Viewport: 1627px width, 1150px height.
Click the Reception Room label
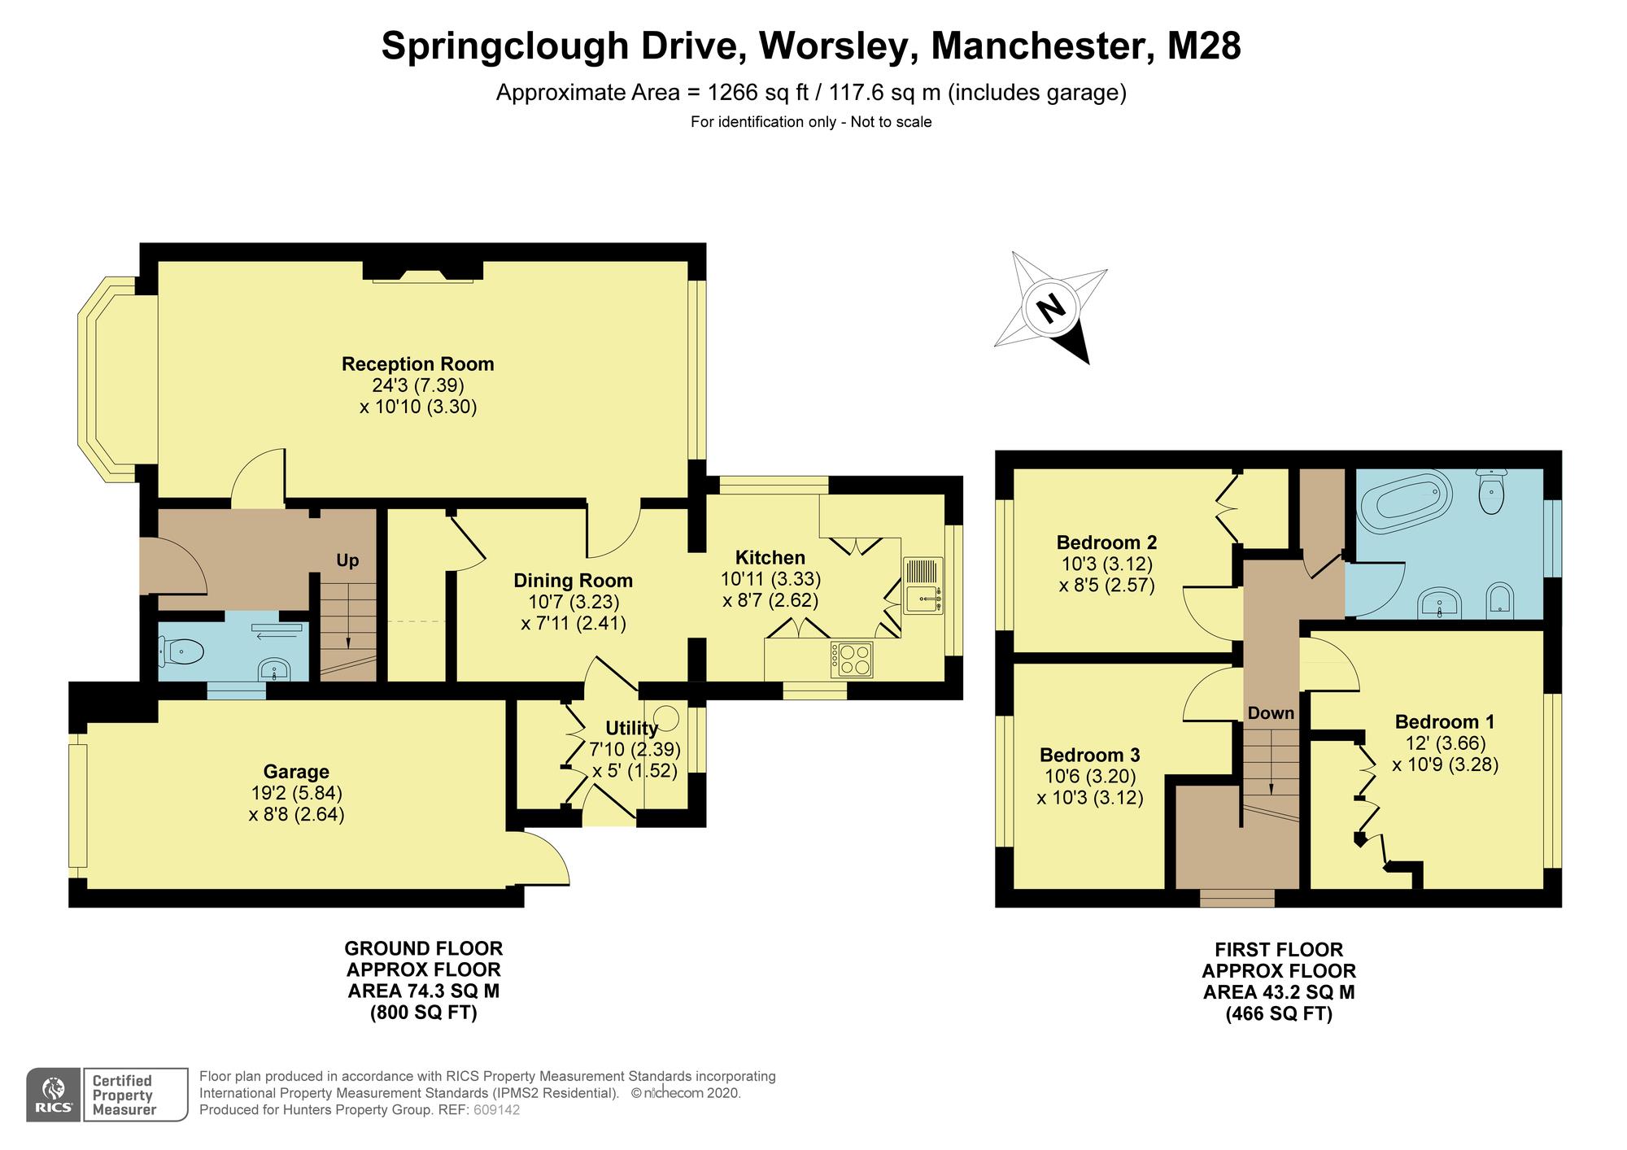(417, 364)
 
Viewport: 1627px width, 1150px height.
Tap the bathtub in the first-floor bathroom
(1405, 503)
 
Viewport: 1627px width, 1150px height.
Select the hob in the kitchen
(851, 660)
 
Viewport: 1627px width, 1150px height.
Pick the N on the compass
(1051, 308)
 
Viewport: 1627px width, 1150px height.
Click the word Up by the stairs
(347, 560)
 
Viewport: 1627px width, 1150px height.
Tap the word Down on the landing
(1271, 713)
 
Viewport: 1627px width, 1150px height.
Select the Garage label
(296, 771)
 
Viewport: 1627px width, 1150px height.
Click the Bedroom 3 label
(1090, 754)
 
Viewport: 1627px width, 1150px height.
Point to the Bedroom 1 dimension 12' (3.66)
(1446, 743)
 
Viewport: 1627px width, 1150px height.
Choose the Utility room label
(631, 728)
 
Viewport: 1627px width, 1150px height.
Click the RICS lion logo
(54, 1095)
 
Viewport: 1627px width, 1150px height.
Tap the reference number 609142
(496, 1109)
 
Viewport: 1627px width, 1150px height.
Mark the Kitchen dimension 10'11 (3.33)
(771, 579)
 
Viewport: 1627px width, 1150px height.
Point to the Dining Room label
(573, 581)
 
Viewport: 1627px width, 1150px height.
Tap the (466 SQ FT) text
(1279, 1014)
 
